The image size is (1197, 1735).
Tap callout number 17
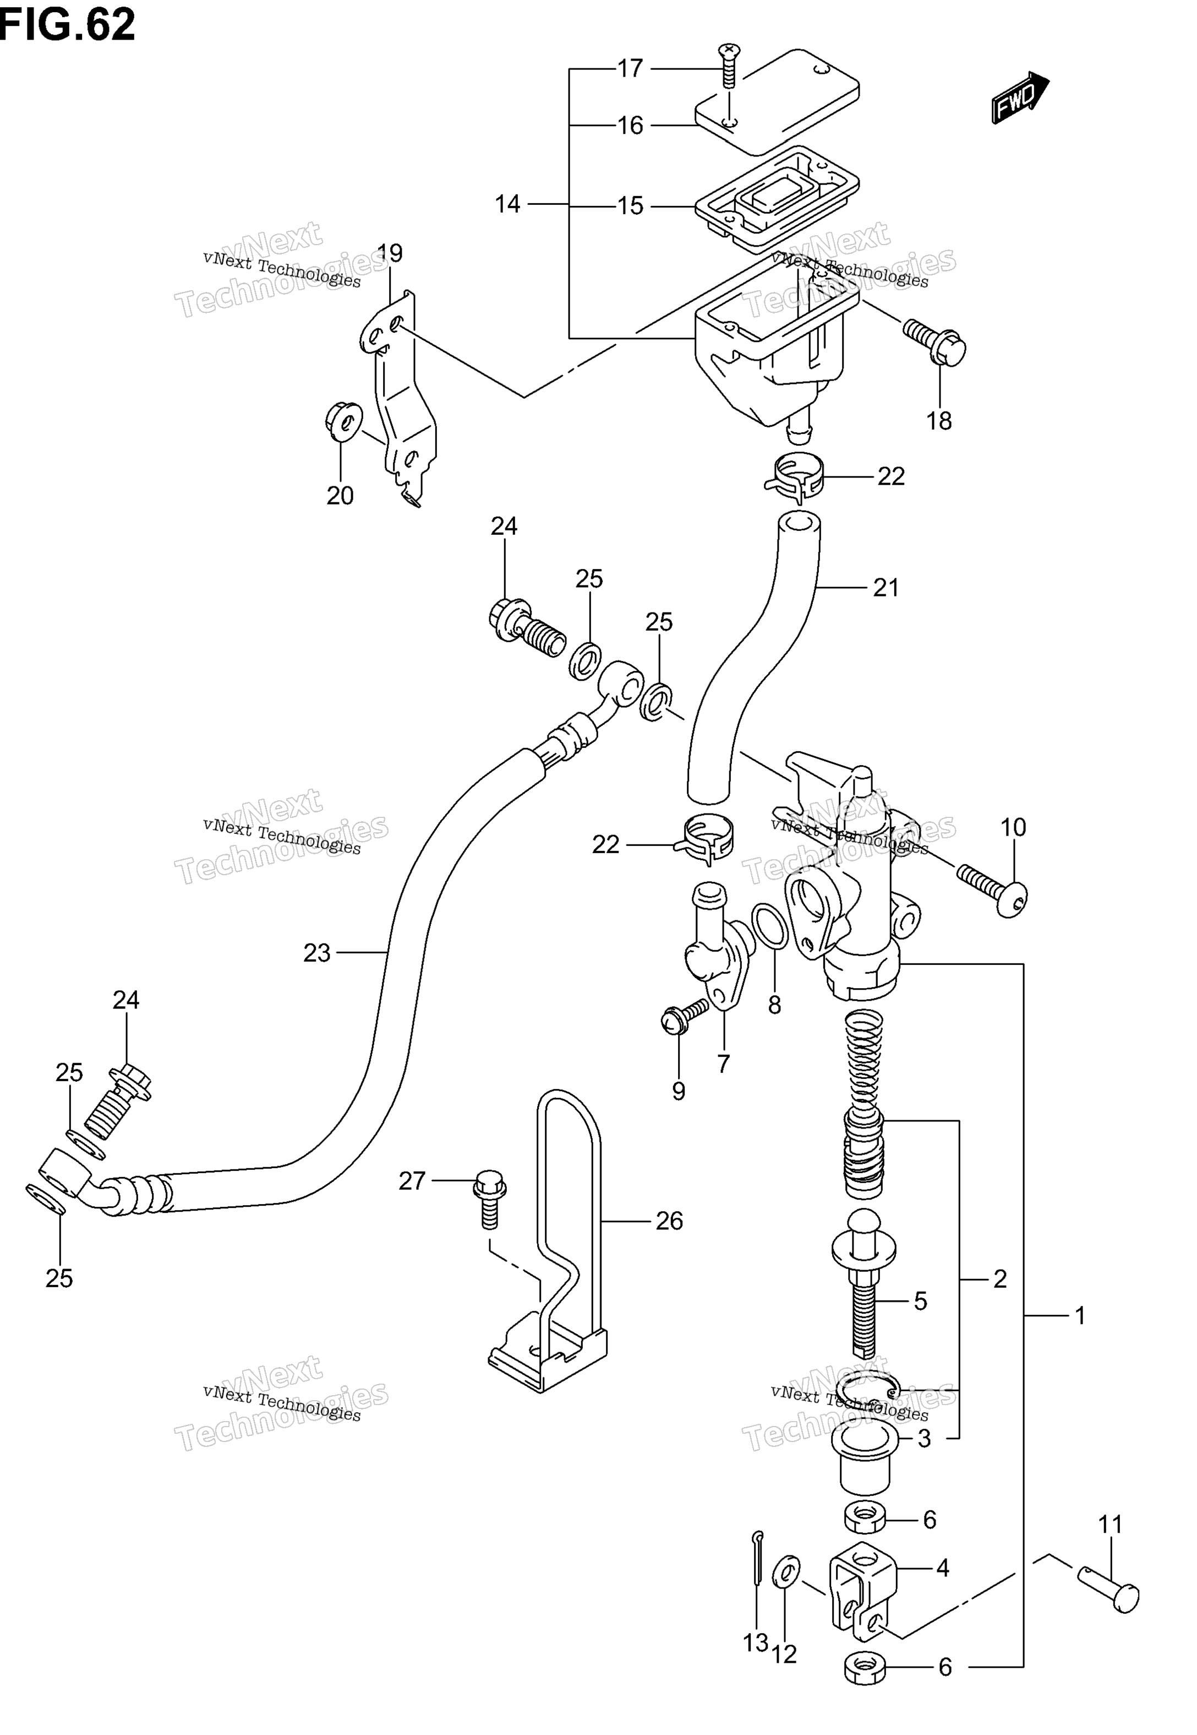click(x=630, y=68)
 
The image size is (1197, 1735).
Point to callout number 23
click(x=316, y=953)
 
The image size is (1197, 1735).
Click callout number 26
click(x=669, y=1221)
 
